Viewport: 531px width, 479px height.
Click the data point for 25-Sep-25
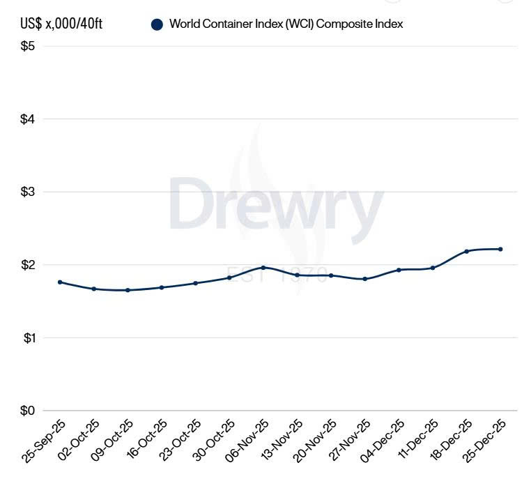tap(60, 282)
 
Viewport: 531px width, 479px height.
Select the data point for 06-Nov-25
tap(263, 267)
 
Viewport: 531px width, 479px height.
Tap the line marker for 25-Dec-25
tap(500, 249)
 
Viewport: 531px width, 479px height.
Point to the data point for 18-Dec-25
tap(466, 251)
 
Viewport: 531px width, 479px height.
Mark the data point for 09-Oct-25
tap(128, 290)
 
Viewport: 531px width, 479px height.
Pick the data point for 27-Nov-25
tap(364, 279)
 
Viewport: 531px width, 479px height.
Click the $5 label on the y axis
tap(29, 46)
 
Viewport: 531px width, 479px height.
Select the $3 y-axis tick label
tap(29, 192)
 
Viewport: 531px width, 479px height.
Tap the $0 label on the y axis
tap(29, 411)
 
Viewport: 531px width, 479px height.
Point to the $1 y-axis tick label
tap(29, 337)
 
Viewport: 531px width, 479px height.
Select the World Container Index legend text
tap(286, 24)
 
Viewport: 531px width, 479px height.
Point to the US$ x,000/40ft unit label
tap(62, 24)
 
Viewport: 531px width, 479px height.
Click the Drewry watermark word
tap(276, 203)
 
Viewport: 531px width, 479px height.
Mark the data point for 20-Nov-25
tap(331, 275)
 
